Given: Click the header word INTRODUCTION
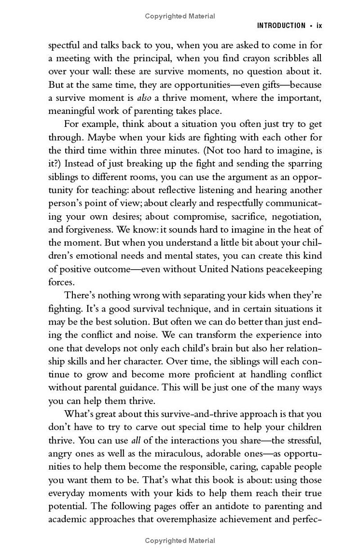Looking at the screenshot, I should pos(281,26).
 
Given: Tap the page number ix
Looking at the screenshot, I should pos(319,26).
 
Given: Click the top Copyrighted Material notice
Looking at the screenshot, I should pos(180,16).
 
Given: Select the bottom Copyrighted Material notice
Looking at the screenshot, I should pos(180,541).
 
